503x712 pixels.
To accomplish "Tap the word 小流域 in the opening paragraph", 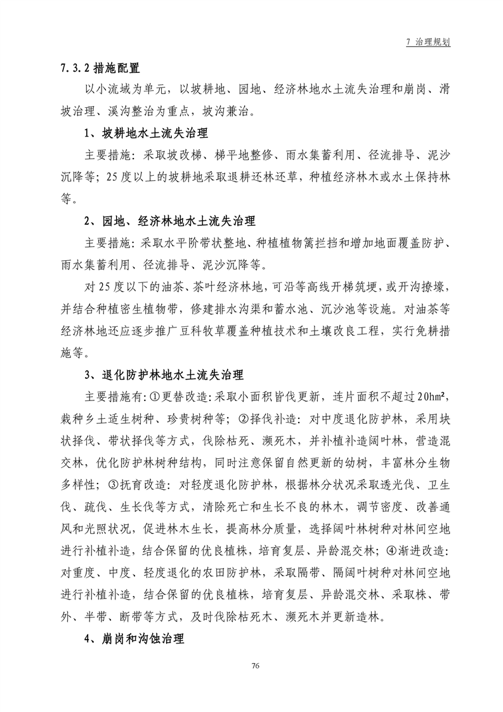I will tap(121, 89).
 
